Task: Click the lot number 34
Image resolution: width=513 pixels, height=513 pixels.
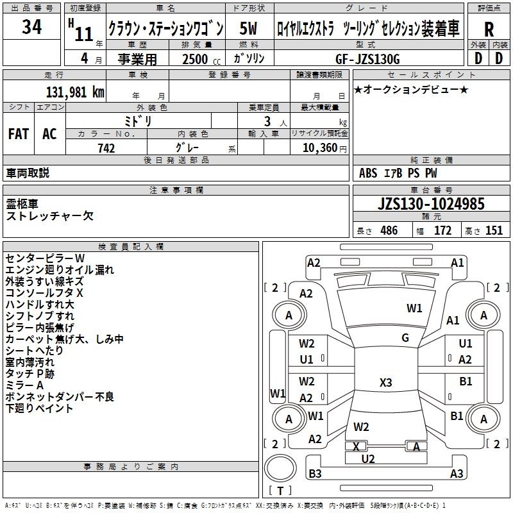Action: [x=31, y=27]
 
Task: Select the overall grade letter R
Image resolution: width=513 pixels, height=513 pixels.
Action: [x=489, y=29]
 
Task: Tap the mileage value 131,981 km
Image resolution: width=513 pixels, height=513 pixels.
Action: [x=75, y=92]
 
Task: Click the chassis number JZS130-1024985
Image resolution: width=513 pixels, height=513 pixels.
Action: [x=431, y=204]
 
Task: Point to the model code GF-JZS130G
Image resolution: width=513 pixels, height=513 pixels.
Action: [x=367, y=59]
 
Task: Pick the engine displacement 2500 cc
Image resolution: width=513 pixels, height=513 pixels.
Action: [x=201, y=59]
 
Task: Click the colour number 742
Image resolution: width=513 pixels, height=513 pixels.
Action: [x=106, y=148]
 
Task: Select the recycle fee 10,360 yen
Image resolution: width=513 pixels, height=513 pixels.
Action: [x=324, y=148]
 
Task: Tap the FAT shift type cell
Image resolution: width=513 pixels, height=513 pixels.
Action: [x=19, y=134]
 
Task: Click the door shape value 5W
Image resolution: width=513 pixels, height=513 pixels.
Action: [x=248, y=28]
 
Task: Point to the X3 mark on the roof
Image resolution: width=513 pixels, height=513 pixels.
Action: [x=386, y=382]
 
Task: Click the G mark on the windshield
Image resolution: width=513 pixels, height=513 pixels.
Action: [x=405, y=338]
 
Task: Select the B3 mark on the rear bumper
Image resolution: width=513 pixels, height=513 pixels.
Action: [x=315, y=473]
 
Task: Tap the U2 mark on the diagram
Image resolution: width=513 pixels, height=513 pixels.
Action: [x=367, y=459]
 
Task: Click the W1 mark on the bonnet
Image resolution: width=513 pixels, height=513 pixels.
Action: [x=414, y=308]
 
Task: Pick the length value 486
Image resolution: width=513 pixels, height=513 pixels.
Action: [x=389, y=231]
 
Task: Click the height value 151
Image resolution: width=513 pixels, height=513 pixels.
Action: [x=494, y=231]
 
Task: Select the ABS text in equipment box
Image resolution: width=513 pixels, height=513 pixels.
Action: [x=368, y=173]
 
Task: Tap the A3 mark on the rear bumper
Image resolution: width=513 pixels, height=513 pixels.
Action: [x=457, y=473]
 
